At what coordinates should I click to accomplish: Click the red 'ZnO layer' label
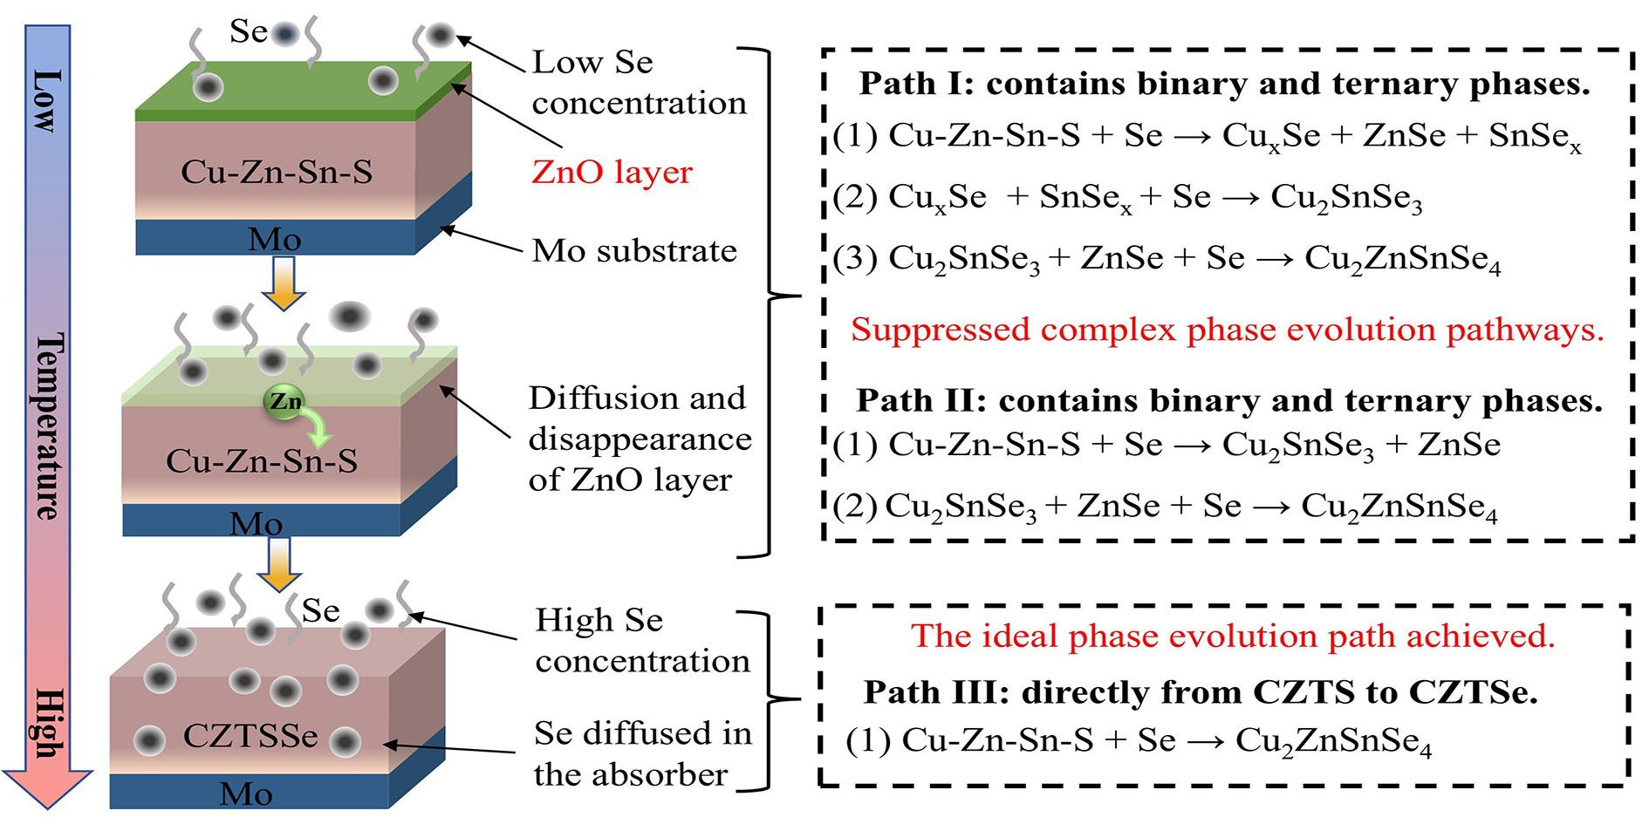(612, 172)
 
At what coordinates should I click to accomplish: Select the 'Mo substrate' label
(634, 251)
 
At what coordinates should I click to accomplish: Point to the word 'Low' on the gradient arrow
(48, 101)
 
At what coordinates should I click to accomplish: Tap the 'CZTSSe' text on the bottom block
(250, 736)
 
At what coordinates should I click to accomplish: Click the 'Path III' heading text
(1200, 691)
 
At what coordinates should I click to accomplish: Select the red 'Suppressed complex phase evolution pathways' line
(1227, 330)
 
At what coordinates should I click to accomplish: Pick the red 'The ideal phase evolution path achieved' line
(1233, 636)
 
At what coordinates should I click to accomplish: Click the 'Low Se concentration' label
(639, 83)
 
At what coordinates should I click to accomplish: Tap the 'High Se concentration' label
(642, 640)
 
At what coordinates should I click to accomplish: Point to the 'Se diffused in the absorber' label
(642, 753)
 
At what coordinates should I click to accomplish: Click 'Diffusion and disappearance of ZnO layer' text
(639, 439)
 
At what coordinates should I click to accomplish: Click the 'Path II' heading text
(1228, 400)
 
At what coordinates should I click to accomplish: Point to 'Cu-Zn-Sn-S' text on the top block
(277, 172)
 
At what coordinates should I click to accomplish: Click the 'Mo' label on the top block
(274, 239)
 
